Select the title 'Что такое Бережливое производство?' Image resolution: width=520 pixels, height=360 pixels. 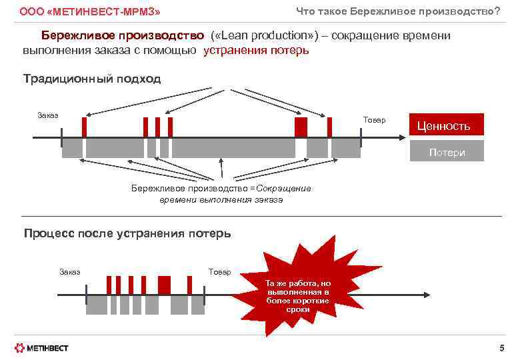click(398, 11)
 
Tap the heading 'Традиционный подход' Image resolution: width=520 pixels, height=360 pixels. click(92, 79)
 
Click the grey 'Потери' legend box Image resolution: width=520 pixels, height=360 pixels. click(447, 152)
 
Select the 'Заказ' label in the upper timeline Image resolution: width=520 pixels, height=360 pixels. click(48, 115)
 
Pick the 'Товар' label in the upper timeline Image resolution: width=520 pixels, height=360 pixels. click(374, 119)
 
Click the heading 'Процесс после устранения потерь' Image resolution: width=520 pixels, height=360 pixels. click(127, 233)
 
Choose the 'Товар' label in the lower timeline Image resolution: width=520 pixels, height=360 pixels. click(219, 271)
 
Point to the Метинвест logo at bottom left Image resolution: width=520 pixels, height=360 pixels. click(41, 347)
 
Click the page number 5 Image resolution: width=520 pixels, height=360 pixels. click(501, 347)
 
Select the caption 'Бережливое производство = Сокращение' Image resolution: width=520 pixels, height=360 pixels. click(221, 188)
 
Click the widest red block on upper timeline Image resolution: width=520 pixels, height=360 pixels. click(301, 127)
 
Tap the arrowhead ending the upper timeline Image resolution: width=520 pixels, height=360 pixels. click(401, 137)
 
